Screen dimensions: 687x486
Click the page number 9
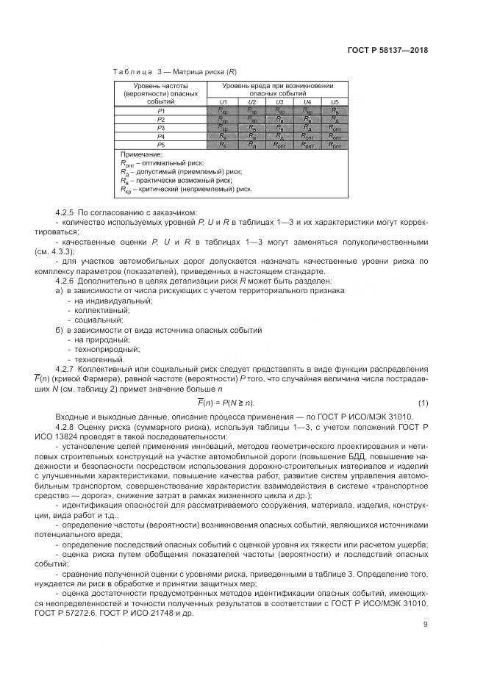425,625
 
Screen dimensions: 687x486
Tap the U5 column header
335,101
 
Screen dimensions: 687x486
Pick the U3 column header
279,101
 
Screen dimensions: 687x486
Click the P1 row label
160,110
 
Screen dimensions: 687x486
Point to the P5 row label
160,145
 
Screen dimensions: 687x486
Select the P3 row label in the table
160,128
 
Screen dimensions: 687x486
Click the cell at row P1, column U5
335,110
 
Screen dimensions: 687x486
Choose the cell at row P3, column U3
279,128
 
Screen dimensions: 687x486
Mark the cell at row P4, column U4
307,137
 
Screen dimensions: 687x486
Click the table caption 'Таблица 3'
137,72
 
